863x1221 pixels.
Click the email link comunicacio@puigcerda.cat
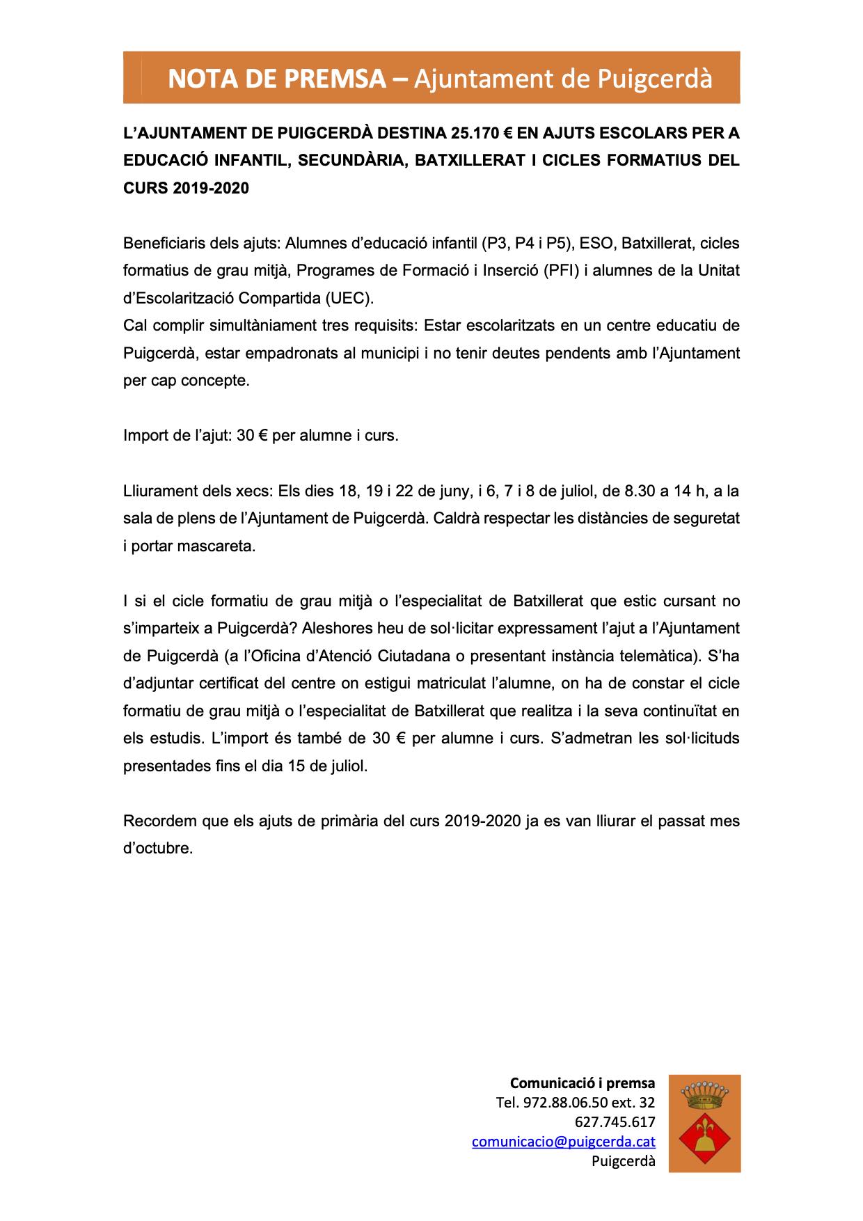(x=563, y=1142)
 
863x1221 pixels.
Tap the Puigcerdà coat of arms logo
(x=704, y=1124)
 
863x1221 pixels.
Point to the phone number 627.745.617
(x=615, y=1122)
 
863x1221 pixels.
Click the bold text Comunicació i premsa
(x=583, y=1083)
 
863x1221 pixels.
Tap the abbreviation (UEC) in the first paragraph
(x=349, y=298)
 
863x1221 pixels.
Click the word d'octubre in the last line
(x=157, y=849)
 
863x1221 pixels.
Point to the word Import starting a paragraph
(x=146, y=436)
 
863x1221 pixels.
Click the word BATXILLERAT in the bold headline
(x=475, y=160)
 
